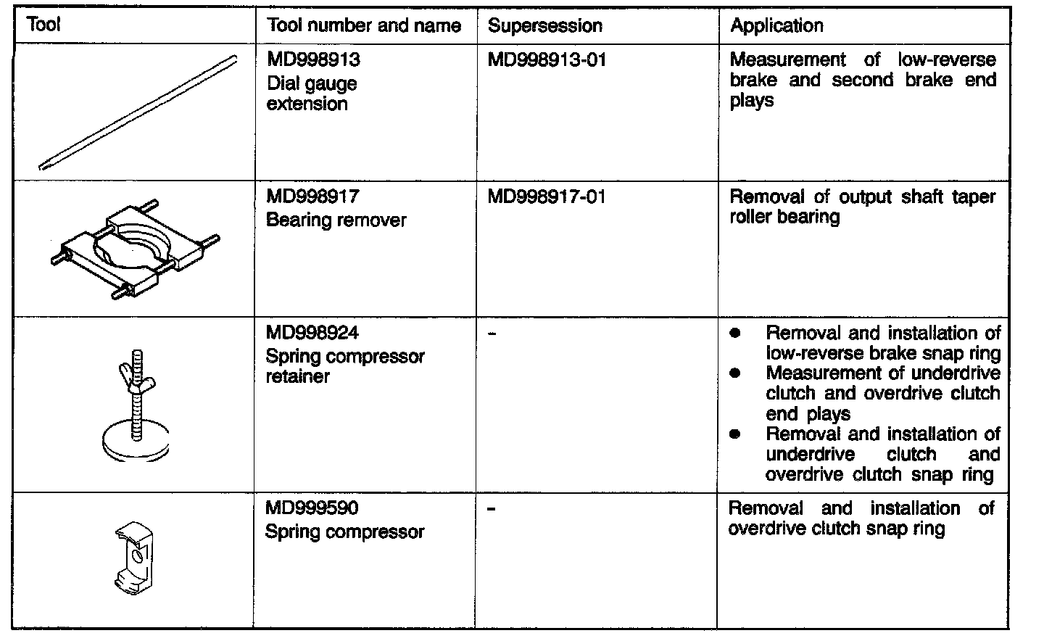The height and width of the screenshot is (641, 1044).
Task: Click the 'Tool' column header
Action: [x=43, y=25]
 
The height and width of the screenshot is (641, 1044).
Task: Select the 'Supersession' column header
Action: [x=545, y=26]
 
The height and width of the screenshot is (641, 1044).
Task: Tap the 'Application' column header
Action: [x=776, y=26]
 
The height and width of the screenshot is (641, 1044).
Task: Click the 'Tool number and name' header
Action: [x=364, y=26]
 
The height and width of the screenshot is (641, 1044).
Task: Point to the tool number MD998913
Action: [x=313, y=59]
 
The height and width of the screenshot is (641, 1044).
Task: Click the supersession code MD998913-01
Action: [x=547, y=59]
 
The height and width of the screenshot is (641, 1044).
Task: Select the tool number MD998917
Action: [x=313, y=197]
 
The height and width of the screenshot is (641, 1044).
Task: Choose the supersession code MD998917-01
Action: [x=547, y=197]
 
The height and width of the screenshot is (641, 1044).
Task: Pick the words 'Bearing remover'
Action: [x=336, y=220]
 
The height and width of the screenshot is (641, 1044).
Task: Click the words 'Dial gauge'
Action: [x=312, y=83]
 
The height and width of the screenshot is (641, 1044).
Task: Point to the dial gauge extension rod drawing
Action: [x=138, y=112]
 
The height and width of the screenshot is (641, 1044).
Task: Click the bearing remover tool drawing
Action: [x=136, y=247]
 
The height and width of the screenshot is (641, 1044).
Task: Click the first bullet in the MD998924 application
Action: [x=735, y=334]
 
